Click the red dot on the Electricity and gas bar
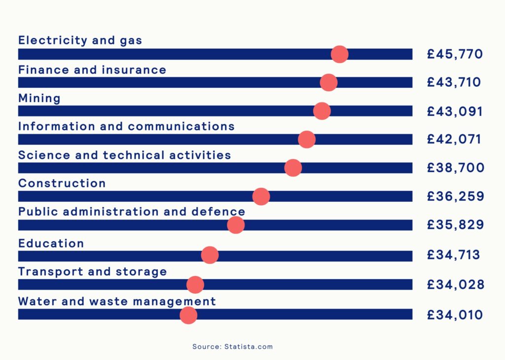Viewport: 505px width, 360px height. pyautogui.click(x=339, y=54)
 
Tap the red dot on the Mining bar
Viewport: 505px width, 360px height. pyautogui.click(x=322, y=111)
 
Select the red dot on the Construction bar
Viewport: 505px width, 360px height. pyautogui.click(x=261, y=196)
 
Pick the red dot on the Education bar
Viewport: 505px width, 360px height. pyautogui.click(x=210, y=255)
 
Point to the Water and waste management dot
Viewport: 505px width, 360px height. pyautogui.click(x=188, y=315)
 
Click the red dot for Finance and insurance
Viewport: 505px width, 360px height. pyautogui.click(x=329, y=82)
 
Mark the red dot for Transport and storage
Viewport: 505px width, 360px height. pyautogui.click(x=195, y=285)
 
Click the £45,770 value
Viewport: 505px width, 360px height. pyautogui.click(x=455, y=54)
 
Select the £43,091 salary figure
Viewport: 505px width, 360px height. pyautogui.click(x=455, y=111)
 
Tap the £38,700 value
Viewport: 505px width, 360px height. pyautogui.click(x=456, y=168)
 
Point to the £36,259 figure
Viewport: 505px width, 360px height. pyautogui.click(x=456, y=197)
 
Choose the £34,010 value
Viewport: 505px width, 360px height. pyautogui.click(x=455, y=315)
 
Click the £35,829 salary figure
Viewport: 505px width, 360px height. pyautogui.click(x=456, y=225)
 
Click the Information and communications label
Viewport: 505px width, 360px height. pyautogui.click(x=126, y=126)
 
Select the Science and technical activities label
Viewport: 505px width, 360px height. pyautogui.click(x=124, y=155)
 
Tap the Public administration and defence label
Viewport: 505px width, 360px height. pyautogui.click(x=131, y=212)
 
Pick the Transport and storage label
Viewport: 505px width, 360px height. pyautogui.click(x=92, y=272)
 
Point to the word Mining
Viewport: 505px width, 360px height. pyautogui.click(x=39, y=98)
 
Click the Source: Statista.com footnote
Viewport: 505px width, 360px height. pyautogui.click(x=232, y=347)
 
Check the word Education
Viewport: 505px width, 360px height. pyautogui.click(x=51, y=243)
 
